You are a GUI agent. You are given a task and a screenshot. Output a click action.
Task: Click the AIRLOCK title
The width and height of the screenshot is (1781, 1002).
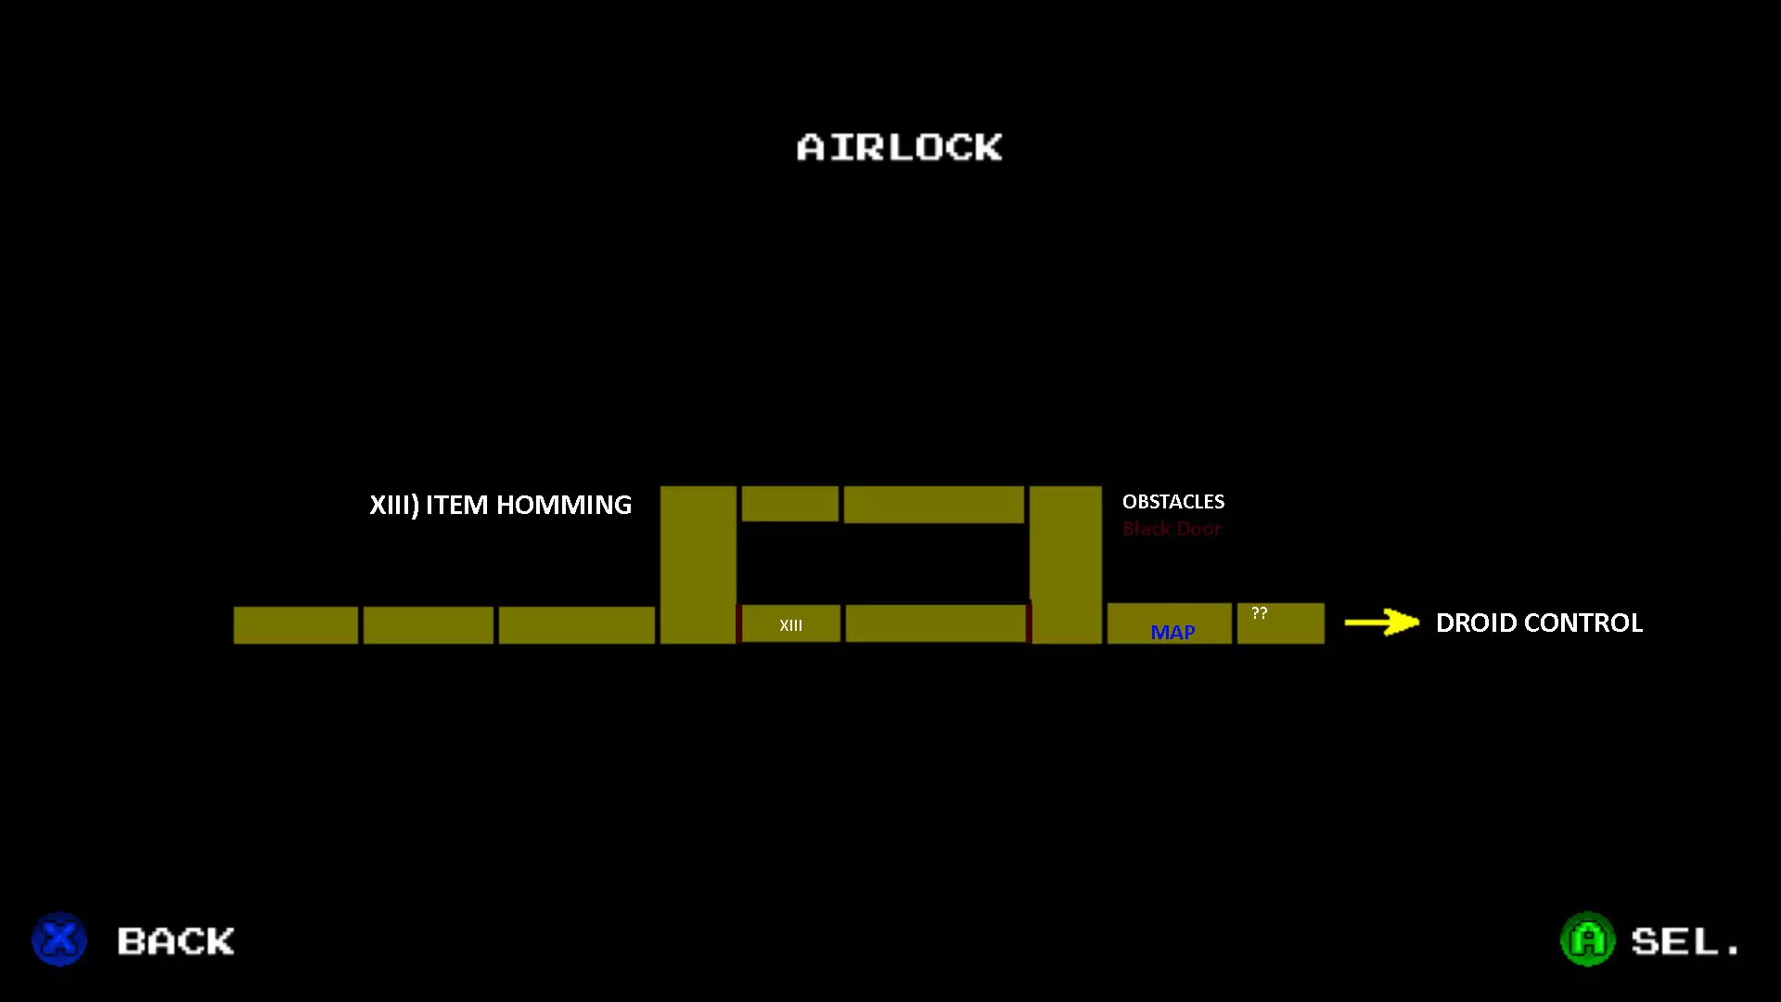coord(899,148)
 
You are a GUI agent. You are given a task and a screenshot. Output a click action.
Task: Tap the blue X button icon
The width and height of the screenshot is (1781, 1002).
coord(59,939)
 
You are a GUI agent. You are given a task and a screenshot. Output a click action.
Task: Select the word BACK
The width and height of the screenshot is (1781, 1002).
coord(176,941)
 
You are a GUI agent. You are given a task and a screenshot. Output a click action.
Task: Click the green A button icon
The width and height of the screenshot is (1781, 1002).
coord(1587,939)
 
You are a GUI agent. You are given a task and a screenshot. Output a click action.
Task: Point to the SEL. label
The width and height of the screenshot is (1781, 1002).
coord(1685,941)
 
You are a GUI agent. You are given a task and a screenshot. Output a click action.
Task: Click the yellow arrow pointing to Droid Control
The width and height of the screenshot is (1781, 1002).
coord(1381,622)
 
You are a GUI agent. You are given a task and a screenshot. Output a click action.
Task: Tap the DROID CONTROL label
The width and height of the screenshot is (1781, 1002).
coord(1539,623)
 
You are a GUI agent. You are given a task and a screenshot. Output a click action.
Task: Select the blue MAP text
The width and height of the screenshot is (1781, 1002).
coord(1172,632)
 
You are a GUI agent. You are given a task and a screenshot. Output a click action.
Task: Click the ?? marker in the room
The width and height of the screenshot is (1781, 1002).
coord(1259,613)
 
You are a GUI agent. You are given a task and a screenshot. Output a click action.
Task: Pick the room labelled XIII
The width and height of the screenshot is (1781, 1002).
coord(791,623)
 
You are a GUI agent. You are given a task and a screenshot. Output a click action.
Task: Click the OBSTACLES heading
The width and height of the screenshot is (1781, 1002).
coord(1172,502)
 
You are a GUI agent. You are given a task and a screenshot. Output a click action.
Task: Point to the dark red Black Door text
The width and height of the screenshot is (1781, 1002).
coord(1172,529)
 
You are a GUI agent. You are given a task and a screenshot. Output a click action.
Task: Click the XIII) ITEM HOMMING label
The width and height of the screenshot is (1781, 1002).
coord(500,505)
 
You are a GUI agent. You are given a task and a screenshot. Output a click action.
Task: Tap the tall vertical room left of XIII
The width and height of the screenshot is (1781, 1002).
coord(698,564)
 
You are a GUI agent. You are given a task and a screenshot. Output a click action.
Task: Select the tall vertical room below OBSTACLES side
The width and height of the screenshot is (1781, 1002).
coord(1066,564)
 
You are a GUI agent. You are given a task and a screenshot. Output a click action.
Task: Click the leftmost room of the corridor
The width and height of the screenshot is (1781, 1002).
coord(295,624)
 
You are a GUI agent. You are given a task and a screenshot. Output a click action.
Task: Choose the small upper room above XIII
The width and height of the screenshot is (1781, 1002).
coord(789,503)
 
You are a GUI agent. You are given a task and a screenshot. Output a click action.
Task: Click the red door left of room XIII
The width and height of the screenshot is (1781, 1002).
coord(738,623)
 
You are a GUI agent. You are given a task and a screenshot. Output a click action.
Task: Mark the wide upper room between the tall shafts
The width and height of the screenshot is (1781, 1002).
coord(933,504)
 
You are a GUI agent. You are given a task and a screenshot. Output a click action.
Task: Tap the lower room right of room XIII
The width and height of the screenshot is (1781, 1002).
coord(935,623)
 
